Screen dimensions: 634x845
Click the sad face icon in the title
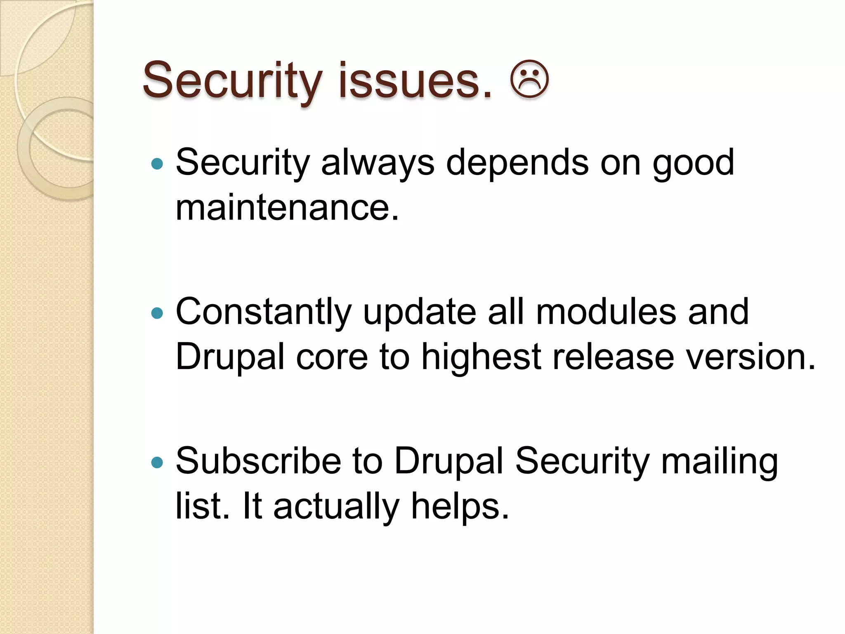529,80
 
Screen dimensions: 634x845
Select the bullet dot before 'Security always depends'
157,164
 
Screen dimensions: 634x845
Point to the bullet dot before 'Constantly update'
157,313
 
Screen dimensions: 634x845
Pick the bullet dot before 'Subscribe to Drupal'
157,462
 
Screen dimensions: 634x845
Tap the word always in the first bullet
378,163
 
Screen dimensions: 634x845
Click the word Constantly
264,312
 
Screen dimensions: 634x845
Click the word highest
481,357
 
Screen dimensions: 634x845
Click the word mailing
720,462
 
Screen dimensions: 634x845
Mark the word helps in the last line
460,506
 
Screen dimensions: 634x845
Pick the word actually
337,506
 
